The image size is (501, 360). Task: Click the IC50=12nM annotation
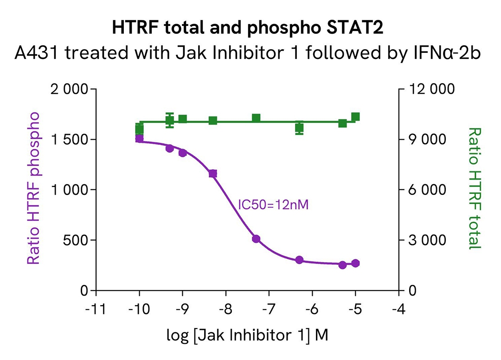click(273, 204)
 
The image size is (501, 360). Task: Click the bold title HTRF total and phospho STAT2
click(250, 29)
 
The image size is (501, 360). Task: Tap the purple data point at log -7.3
click(256, 239)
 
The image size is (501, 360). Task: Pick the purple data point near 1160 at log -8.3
click(213, 174)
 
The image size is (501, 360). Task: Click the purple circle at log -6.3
click(299, 260)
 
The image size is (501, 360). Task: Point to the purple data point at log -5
click(355, 263)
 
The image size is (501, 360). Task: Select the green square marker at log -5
click(355, 117)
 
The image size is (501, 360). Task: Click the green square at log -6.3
click(299, 128)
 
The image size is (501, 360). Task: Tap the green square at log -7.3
click(256, 118)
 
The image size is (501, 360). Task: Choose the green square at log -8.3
click(213, 121)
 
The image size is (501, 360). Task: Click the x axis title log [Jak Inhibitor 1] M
click(247, 335)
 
